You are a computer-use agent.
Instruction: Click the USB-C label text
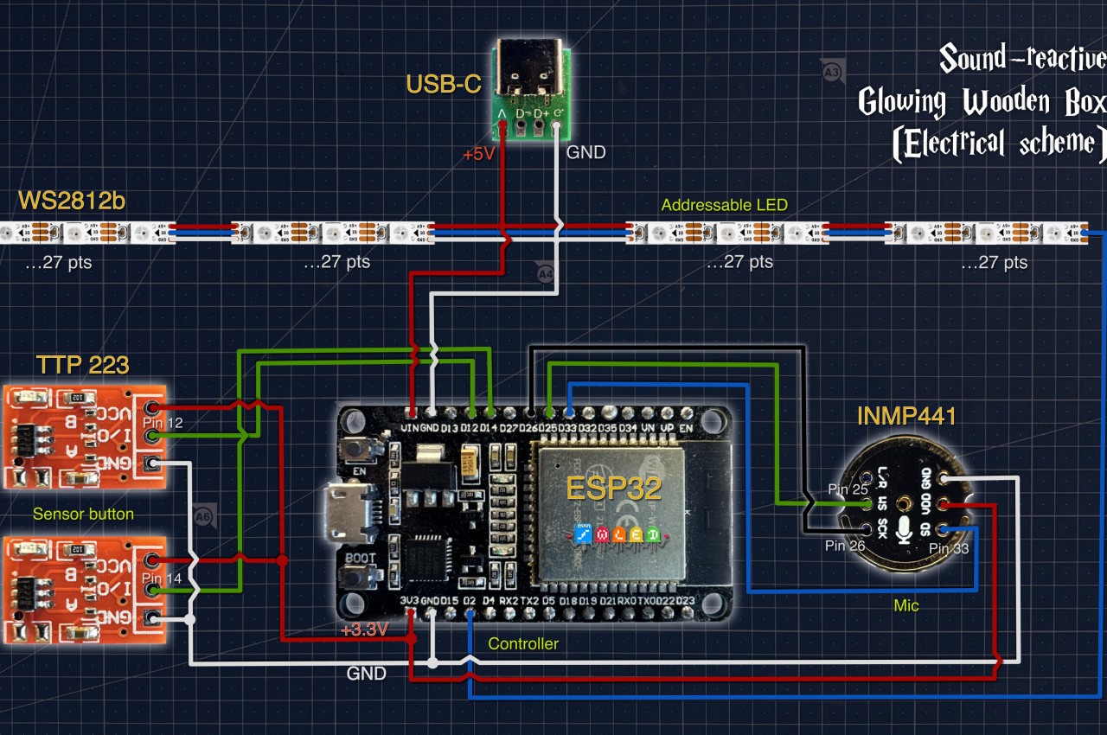tap(444, 86)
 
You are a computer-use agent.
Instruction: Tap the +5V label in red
tap(479, 155)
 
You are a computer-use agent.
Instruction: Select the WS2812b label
tap(72, 201)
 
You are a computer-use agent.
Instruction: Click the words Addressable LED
tap(725, 205)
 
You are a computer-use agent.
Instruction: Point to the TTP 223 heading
tap(83, 365)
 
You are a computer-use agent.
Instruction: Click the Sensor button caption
tap(83, 514)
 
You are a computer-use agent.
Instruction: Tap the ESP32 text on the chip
tap(614, 488)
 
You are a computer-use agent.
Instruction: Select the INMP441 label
tap(906, 417)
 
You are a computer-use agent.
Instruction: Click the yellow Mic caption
tap(906, 605)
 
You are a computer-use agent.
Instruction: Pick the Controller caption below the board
tap(523, 643)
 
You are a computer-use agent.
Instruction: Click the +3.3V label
tap(363, 630)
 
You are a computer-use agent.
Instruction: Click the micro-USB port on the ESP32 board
tap(350, 511)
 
